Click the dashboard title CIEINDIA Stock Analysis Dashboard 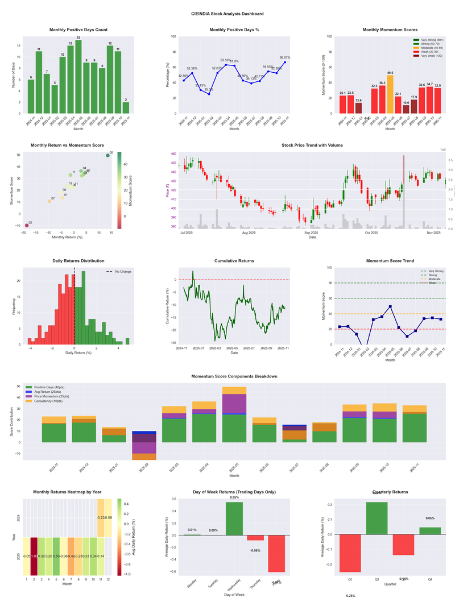pyautogui.click(x=227, y=14)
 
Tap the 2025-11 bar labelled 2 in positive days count pyautogui.click(x=126, y=107)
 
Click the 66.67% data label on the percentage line pyautogui.click(x=286, y=57)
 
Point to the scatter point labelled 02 pyautogui.click(x=26, y=226)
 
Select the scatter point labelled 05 pyautogui.click(x=107, y=155)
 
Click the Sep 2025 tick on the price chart pyautogui.click(x=311, y=233)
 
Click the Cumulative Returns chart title pyautogui.click(x=234, y=261)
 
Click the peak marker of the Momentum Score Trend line pyautogui.click(x=390, y=306)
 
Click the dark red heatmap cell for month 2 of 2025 pyautogui.click(x=34, y=556)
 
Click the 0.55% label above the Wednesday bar pyautogui.click(x=234, y=497)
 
